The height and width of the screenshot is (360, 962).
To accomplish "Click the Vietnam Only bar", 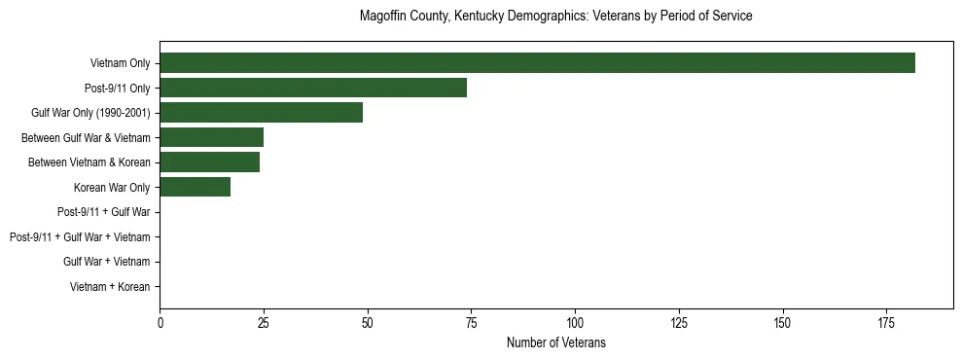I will pos(537,62).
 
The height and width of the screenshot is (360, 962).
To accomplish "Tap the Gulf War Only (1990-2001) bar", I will pos(261,112).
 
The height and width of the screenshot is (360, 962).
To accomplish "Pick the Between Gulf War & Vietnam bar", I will pos(211,137).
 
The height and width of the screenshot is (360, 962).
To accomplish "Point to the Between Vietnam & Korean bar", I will pos(209,162).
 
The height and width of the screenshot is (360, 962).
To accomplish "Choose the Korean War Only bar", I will pos(195,187).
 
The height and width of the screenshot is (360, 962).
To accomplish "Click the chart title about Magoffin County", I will pos(555,17).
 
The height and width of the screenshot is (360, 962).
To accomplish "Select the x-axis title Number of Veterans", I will pos(555,342).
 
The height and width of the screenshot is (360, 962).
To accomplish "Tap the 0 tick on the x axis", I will pos(160,322).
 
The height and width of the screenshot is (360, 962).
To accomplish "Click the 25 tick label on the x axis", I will pos(264,322).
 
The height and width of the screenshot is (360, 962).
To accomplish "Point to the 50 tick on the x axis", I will pos(368,322).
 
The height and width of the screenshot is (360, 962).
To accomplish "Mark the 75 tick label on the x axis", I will pos(471,322).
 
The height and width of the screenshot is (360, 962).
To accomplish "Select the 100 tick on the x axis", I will pos(575,322).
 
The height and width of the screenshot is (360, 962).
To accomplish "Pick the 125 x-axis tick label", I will pos(679,322).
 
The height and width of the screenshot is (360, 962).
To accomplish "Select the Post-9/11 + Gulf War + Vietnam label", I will pos(80,237).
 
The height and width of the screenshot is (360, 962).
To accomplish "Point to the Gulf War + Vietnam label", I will pos(106,262).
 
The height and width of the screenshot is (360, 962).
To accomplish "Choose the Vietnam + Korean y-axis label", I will pos(110,287).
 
